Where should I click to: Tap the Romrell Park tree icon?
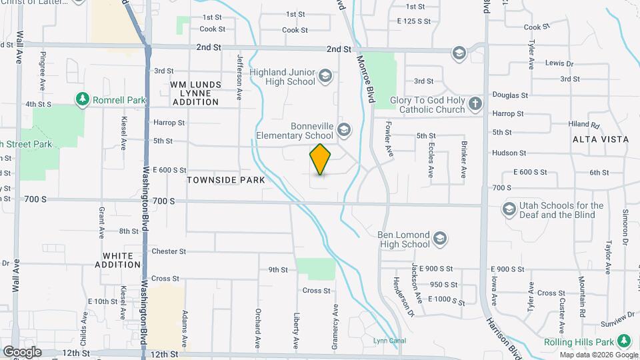pos(83,100)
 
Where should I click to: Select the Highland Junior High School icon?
pos(325,75)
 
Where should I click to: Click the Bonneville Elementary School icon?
pos(344,129)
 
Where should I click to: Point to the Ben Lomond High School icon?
pos(439,238)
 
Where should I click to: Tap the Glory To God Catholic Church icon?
pos(475,103)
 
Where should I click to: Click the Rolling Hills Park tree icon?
pos(624,341)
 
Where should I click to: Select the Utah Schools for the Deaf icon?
pos(509,209)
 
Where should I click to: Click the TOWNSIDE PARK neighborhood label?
pos(226,180)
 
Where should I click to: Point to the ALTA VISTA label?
pos(600,139)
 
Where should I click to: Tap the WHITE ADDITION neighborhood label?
pos(123,260)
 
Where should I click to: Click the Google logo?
pos(22,352)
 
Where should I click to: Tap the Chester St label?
pos(169,251)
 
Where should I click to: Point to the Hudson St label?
pos(509,153)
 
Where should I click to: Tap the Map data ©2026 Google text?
pos(598,355)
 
